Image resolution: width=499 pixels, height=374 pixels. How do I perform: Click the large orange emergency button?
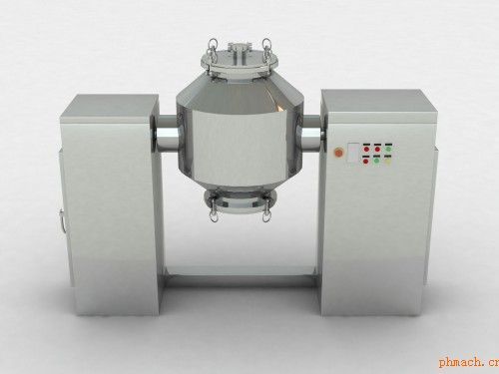coord(338,153)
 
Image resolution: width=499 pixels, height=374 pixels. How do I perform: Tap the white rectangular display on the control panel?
coord(353,153)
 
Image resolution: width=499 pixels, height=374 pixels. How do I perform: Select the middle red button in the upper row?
coord(377,149)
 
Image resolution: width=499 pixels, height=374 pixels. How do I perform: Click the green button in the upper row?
coord(388,149)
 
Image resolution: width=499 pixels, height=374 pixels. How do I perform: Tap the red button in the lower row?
coord(366,162)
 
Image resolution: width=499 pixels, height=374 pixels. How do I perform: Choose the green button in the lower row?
coord(376,162)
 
